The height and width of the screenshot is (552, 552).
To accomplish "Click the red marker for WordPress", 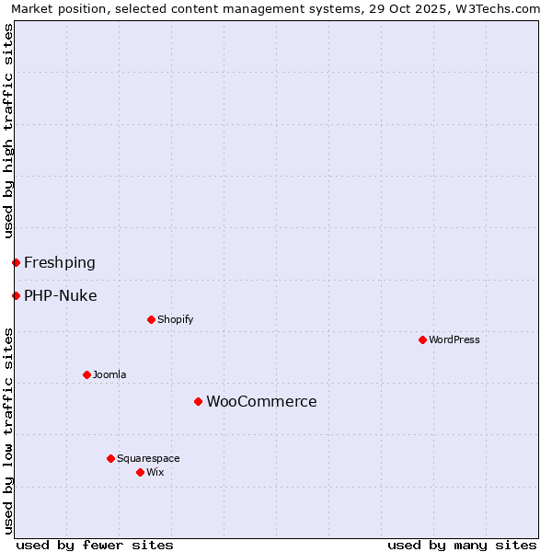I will tap(422, 339).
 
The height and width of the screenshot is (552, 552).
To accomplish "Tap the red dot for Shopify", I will tap(151, 319).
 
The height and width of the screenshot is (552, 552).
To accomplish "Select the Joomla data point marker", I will tap(86, 374).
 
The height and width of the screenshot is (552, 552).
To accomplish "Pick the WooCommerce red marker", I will tap(198, 401).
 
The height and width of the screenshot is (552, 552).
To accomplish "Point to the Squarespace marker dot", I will tap(110, 458).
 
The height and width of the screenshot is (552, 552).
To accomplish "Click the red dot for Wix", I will tap(140, 472).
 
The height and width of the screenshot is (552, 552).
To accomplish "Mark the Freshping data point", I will tap(16, 262).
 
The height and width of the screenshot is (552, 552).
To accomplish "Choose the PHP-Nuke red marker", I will tap(16, 295).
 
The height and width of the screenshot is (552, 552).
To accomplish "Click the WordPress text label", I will tap(454, 339).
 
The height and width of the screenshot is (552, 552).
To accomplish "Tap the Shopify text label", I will tap(175, 319).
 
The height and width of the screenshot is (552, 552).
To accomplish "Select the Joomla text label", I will tap(109, 374).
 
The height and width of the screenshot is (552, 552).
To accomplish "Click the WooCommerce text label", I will tap(261, 401).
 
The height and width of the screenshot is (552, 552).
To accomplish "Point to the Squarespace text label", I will tap(148, 458).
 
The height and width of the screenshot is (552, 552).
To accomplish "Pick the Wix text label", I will tap(155, 472).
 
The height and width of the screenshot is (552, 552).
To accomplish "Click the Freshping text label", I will tap(60, 262).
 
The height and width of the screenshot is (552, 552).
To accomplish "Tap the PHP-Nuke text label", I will tap(61, 295).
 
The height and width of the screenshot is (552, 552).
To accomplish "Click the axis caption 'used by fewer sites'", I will tap(95, 545).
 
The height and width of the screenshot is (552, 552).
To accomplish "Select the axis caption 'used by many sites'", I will tap(462, 545).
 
